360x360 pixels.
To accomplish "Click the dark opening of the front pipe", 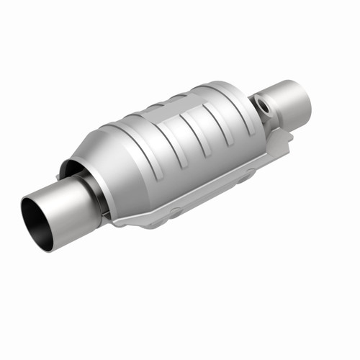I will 37,223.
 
